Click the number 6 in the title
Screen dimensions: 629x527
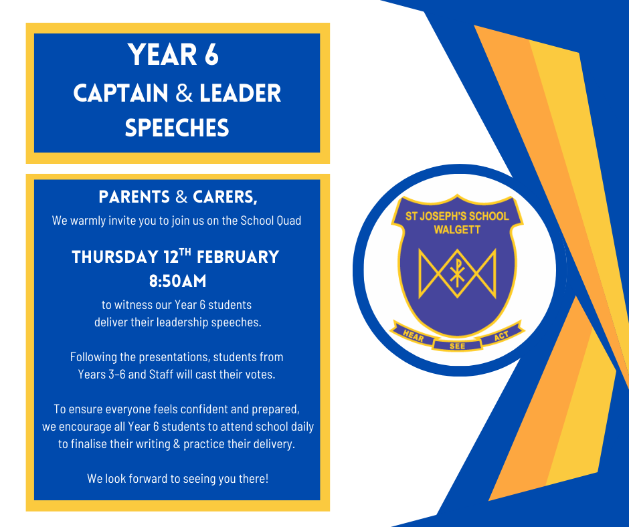tap(212, 55)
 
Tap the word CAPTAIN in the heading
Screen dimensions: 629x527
tap(120, 93)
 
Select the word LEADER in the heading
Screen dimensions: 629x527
tap(240, 93)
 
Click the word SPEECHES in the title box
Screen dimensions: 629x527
tap(177, 128)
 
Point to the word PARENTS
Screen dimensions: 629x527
tap(134, 197)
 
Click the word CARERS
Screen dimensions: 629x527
tap(225, 197)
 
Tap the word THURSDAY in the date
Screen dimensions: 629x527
tap(115, 257)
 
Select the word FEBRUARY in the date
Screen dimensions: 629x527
tap(238, 257)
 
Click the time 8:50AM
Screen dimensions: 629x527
tap(178, 281)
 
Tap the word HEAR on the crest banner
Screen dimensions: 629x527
tap(413, 336)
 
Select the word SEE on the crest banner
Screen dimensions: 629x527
tap(457, 346)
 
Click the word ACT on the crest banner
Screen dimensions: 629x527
tap(501, 335)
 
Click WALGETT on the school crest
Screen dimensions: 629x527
tap(457, 230)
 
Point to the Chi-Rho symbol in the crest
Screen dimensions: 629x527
tap(457, 272)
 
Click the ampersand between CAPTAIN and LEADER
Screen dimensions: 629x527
tap(184, 93)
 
